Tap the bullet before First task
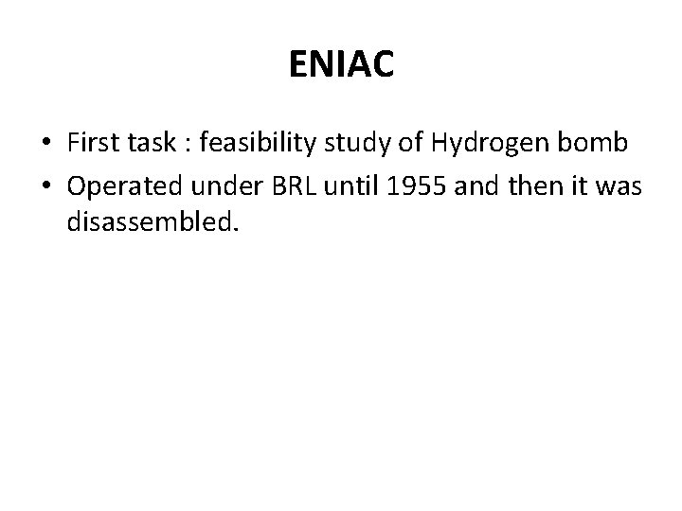tap(46, 143)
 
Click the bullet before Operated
tap(46, 186)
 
